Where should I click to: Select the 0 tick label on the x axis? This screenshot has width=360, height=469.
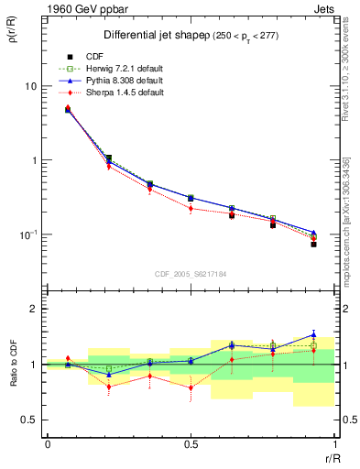coord(48,444)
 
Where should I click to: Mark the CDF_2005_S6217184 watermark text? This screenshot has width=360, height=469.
coord(191,273)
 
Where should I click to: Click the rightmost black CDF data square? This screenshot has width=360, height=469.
coord(313,245)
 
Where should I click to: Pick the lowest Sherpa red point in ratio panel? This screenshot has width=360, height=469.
coord(191,387)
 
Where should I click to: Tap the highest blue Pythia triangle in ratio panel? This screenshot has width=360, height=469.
coord(313,334)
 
